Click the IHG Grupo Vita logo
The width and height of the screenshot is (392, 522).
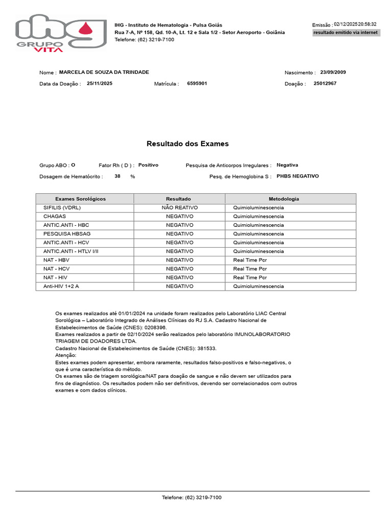61,34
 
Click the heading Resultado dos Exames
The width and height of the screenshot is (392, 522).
188,144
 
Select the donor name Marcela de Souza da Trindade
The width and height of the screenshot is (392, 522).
104,72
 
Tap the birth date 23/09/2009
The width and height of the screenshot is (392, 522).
333,72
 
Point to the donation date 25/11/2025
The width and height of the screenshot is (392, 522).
100,83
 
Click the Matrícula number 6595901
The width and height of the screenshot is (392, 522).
197,83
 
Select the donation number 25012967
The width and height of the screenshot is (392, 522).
325,83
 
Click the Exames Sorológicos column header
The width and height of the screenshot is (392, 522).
84,199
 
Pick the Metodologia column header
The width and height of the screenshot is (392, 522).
284,199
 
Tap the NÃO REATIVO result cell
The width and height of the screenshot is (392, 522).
180,208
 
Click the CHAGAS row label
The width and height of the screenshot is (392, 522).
55,217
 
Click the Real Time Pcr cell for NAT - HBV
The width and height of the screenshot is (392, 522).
250,260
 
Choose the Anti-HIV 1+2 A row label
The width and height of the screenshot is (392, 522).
61,286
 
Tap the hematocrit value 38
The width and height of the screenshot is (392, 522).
117,176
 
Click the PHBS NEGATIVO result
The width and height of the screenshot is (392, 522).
298,176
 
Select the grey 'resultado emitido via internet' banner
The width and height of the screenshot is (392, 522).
346,32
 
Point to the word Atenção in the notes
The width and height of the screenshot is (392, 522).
65,355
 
